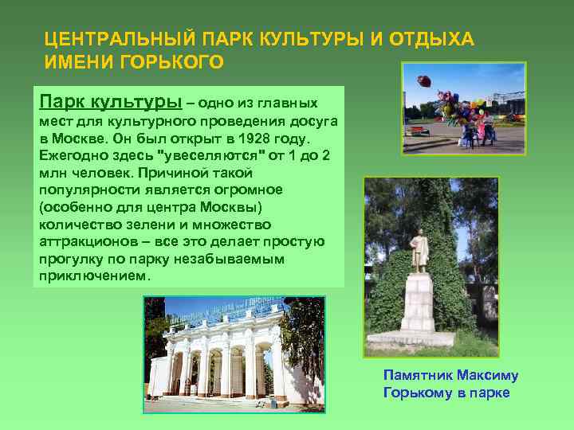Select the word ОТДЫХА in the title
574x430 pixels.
(431, 38)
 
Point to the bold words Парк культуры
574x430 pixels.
(109, 103)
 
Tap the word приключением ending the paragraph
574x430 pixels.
(92, 277)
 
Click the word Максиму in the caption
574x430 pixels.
(486, 375)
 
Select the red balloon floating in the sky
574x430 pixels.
(423, 80)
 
